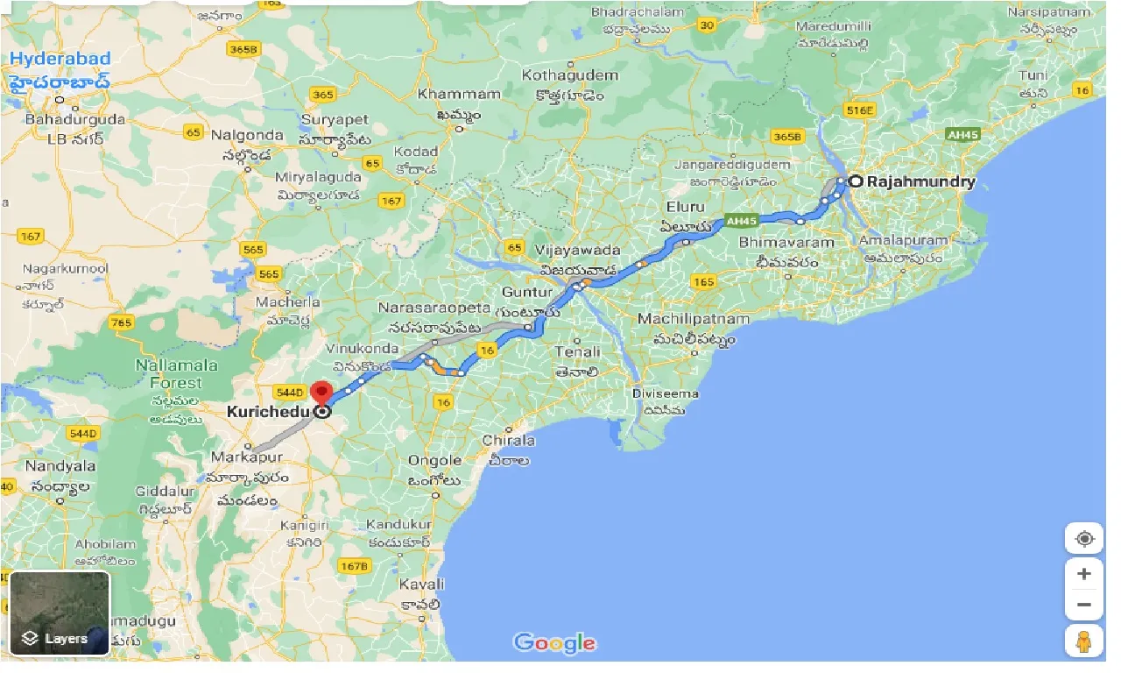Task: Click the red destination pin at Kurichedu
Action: point(322,393)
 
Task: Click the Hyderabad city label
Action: point(60,60)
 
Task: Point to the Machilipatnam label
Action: point(693,319)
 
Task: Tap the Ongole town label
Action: point(434,460)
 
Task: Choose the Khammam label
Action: point(459,94)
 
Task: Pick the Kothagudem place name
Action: point(569,75)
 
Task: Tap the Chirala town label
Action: point(508,440)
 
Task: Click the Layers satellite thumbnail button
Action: point(59,613)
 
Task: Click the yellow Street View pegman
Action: point(1083,641)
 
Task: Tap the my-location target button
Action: point(1084,538)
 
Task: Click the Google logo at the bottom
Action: point(554,643)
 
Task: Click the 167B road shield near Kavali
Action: point(354,566)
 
